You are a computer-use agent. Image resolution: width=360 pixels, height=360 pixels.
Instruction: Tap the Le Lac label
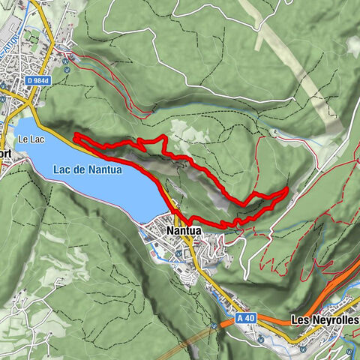coord(32,139)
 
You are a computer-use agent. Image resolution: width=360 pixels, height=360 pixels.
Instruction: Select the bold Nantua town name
coord(184,231)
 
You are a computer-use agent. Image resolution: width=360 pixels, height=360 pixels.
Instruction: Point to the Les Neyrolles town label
coord(323,319)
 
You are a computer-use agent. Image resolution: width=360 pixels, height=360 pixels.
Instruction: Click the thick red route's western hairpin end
coord(75,136)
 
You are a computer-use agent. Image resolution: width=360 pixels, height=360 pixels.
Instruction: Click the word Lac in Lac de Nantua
coord(62,169)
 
